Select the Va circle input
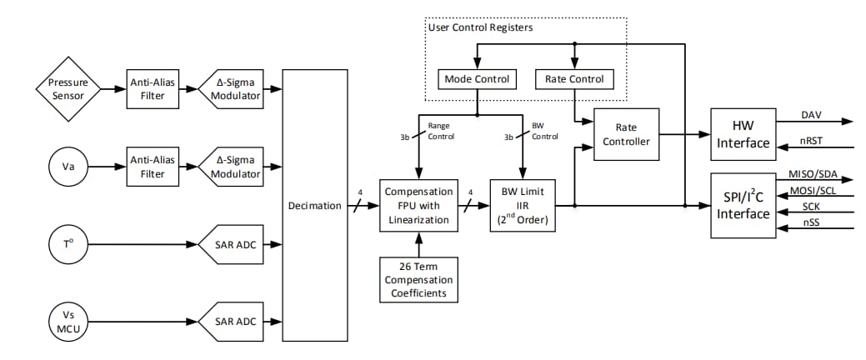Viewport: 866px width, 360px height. [x=68, y=167]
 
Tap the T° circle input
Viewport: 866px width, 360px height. [x=68, y=243]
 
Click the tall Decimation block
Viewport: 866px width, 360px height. [x=315, y=206]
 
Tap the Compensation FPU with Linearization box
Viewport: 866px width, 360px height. [x=418, y=206]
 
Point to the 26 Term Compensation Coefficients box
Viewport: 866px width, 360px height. [x=418, y=278]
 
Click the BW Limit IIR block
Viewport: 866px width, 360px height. [x=523, y=206]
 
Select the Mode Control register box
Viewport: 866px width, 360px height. [x=476, y=79]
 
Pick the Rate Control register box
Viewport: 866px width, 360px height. [x=573, y=79]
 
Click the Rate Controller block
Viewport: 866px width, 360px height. [x=625, y=134]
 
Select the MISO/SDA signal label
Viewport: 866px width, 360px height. [x=813, y=174]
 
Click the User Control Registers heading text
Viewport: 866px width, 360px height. [x=480, y=27]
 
